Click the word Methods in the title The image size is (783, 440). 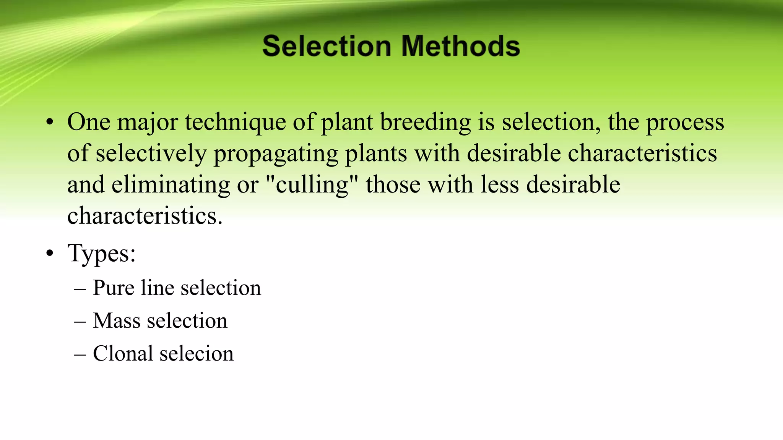[461, 46]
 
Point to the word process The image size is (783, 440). [685, 123]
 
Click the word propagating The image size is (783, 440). [276, 154]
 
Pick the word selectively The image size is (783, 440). [151, 154]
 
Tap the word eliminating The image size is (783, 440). [171, 185]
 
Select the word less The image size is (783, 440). [500, 185]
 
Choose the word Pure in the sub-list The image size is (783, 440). [113, 288]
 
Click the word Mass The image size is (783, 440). [117, 320]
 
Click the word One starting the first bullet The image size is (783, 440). [89, 122]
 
